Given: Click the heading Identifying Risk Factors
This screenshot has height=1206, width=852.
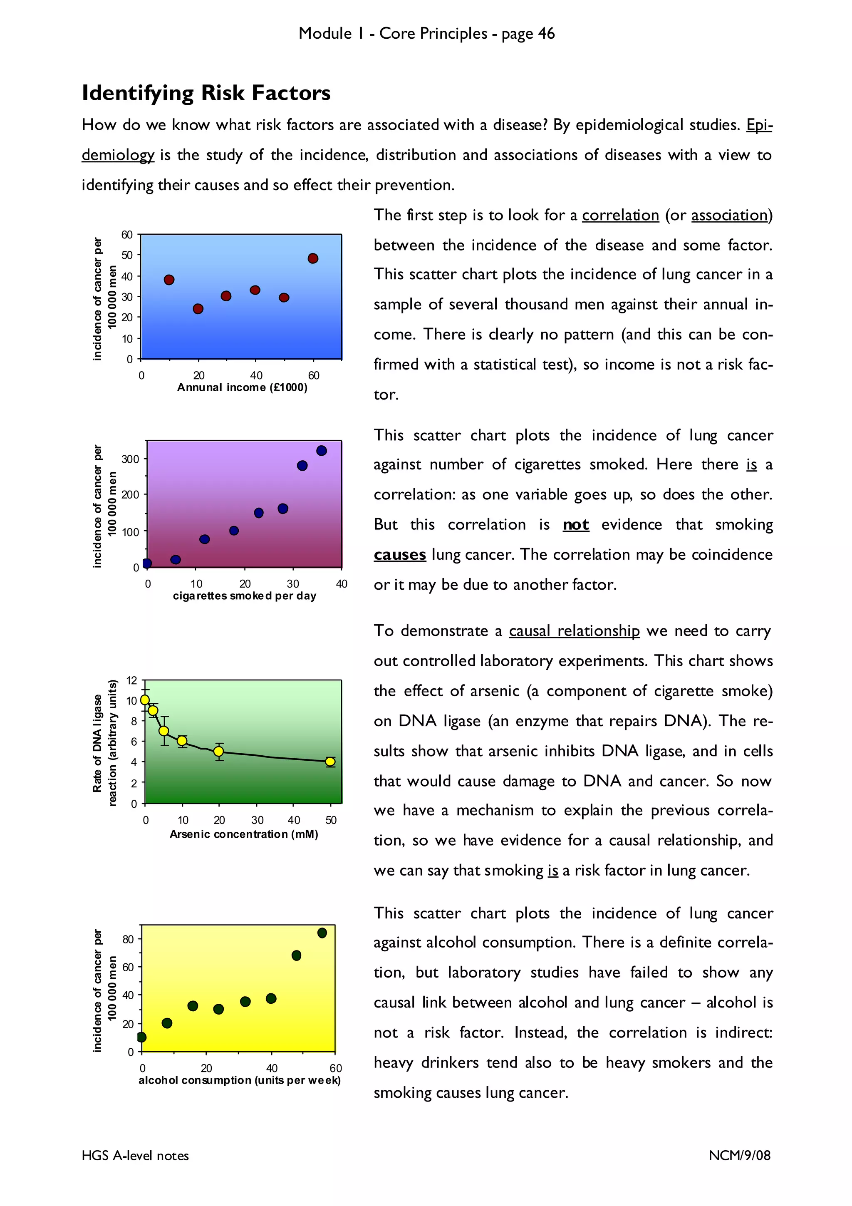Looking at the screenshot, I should point(206,93).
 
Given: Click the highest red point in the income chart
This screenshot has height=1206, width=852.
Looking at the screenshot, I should point(313,258).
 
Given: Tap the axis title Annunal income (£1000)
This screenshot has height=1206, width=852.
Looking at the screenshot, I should point(242,388).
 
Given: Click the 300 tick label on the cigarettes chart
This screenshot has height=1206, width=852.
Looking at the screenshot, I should point(130,459).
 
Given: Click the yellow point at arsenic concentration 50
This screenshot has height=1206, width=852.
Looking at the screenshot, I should point(330,762).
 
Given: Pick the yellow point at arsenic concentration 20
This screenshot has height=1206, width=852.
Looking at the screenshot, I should point(219,752).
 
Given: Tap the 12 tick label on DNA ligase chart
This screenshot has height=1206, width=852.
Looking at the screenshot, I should point(131,680).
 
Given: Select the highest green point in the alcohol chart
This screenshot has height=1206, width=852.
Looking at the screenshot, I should point(322,933).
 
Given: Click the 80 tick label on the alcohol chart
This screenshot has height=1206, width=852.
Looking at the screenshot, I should point(128,939).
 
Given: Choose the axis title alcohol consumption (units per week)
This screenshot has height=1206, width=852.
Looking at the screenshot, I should point(239,1080).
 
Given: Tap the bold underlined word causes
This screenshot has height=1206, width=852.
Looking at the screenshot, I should point(399,555).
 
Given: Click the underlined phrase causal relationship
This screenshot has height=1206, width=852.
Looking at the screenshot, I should point(574,631).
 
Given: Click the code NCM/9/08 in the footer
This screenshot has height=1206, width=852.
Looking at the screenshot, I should point(739,1156).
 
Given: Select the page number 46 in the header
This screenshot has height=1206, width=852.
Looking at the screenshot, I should point(546,34).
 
